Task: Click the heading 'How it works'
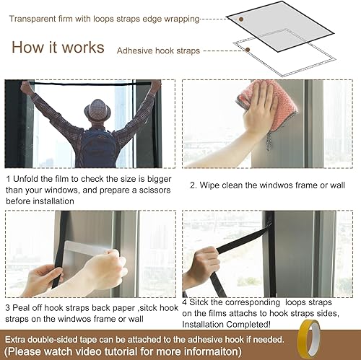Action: (58, 48)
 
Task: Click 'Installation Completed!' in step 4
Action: (230, 325)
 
